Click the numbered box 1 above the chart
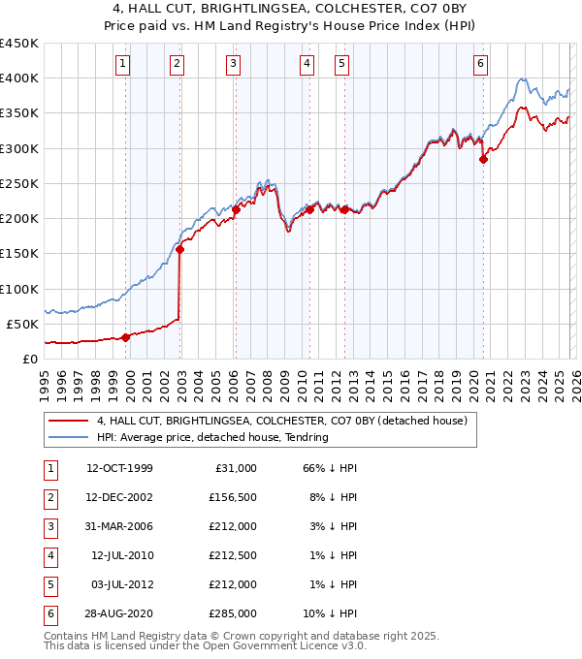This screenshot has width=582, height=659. click(x=124, y=64)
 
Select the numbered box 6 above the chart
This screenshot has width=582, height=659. click(x=480, y=64)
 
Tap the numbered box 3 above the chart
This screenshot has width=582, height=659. click(x=234, y=64)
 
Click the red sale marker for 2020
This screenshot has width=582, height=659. click(x=483, y=160)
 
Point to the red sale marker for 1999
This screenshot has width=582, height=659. click(x=126, y=337)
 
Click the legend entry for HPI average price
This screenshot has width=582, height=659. click(x=212, y=437)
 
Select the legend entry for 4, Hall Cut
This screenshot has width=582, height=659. click(x=281, y=421)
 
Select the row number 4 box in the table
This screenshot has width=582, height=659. click(x=48, y=555)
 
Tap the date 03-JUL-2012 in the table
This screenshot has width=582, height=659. click(x=119, y=584)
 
